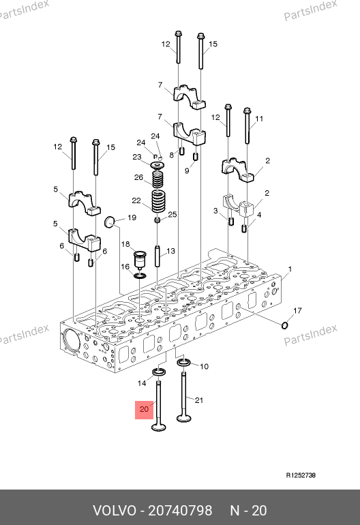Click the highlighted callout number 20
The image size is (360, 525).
click(x=144, y=409)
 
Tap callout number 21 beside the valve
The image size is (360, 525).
click(x=199, y=400)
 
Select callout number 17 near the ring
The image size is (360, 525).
click(x=297, y=311)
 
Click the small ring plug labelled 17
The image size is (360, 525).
click(x=284, y=325)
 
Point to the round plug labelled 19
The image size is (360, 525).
click(x=110, y=222)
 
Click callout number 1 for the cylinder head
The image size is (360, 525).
click(x=290, y=269)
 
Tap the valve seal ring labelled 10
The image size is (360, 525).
click(x=184, y=363)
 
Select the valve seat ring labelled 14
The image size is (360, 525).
click(x=160, y=372)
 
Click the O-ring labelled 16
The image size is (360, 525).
click(x=140, y=275)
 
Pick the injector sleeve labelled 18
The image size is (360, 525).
click(x=140, y=259)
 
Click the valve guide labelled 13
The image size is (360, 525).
click(x=157, y=256)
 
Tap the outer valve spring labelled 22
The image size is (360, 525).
click(x=158, y=201)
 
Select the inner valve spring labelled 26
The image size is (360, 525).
click(x=157, y=179)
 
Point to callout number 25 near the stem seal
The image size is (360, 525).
click(x=172, y=214)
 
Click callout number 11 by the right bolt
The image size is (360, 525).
click(x=259, y=119)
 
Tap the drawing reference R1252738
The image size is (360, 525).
click(x=301, y=475)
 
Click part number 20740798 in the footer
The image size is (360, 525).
click(x=180, y=511)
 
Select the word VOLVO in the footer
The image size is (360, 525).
click(x=115, y=511)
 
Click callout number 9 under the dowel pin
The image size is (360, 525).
click(x=187, y=170)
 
